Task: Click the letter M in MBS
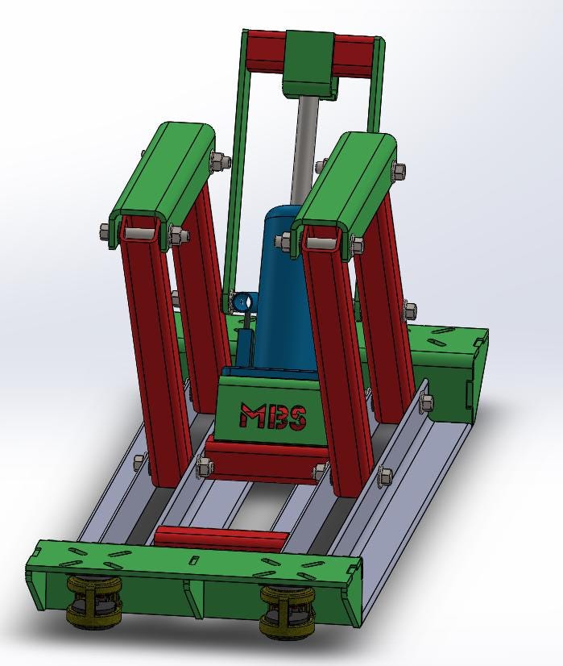coord(251,416)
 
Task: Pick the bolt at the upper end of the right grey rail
coord(424,399)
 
